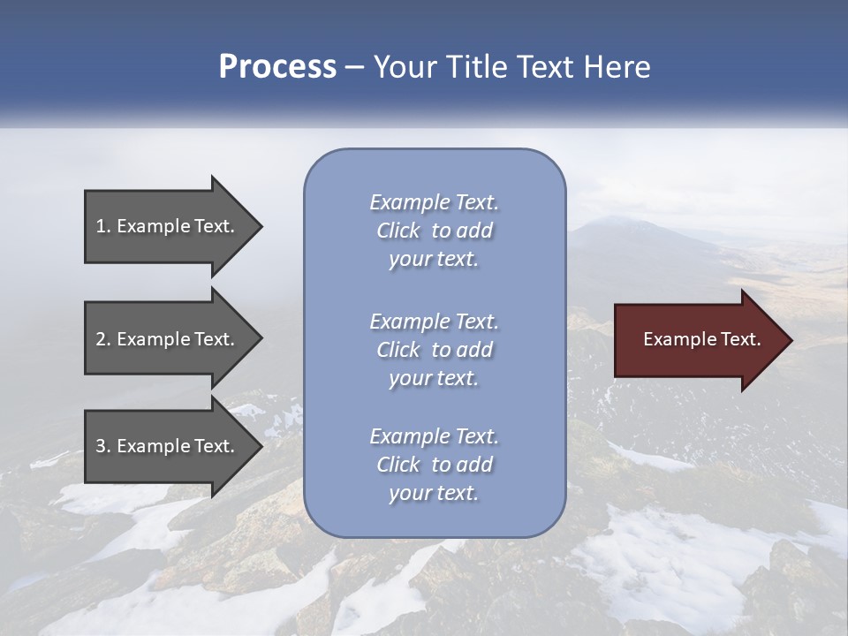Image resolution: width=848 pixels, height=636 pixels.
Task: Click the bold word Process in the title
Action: (277, 67)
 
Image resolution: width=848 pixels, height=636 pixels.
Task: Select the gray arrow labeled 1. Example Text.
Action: (168, 226)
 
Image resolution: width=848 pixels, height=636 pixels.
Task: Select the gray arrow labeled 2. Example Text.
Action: (168, 339)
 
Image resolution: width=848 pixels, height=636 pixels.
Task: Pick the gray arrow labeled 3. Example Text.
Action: (168, 446)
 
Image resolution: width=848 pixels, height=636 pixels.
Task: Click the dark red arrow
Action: (698, 340)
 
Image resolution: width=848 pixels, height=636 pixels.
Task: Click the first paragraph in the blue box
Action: (434, 231)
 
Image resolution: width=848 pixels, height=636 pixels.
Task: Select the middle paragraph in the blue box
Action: (434, 350)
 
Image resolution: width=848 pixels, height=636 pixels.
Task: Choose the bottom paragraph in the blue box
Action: (434, 465)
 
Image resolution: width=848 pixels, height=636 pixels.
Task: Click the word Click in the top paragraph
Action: (398, 231)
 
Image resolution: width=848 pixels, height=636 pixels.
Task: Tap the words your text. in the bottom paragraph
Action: (434, 493)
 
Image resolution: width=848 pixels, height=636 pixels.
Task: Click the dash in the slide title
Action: (355, 67)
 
